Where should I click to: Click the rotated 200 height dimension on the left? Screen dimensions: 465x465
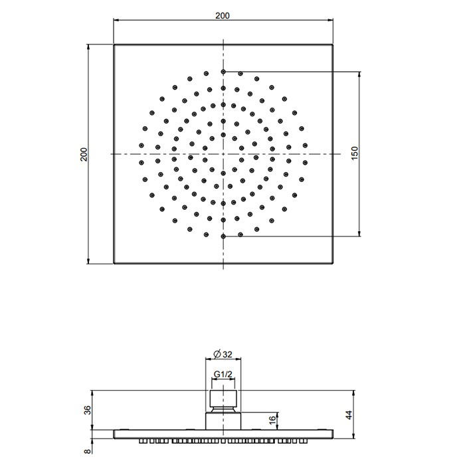pos(84,154)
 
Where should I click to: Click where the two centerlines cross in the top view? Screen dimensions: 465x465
pos(224,154)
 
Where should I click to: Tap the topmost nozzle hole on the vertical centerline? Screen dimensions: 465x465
pos(224,71)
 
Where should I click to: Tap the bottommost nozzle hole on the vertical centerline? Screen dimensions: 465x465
pos(224,236)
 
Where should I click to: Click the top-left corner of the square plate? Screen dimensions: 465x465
pos(114,45)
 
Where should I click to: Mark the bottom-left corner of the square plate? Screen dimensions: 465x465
pos(114,264)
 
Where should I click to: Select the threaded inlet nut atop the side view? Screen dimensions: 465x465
pos(224,399)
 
